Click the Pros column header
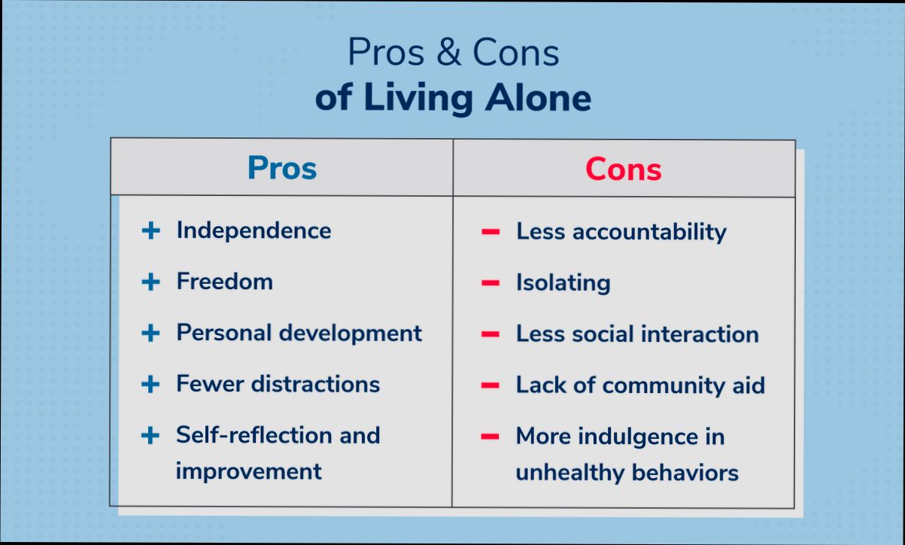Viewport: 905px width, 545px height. click(x=282, y=168)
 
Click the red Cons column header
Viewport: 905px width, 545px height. click(x=623, y=169)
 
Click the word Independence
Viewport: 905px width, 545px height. click(x=254, y=230)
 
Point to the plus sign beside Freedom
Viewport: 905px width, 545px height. click(x=151, y=282)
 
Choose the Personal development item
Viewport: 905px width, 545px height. click(x=299, y=333)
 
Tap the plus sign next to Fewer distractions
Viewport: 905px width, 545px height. click(x=151, y=384)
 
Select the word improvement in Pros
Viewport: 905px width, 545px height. click(x=248, y=471)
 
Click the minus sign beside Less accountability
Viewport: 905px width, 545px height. click(x=490, y=232)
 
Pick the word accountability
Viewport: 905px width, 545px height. click(x=648, y=232)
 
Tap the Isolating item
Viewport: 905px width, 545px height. click(x=563, y=283)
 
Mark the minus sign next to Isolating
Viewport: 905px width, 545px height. click(x=490, y=283)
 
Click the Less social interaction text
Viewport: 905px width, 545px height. click(x=636, y=334)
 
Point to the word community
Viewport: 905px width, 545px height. click(x=665, y=385)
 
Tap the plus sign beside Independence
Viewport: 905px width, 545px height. click(x=151, y=230)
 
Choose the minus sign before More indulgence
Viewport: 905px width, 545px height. click(x=490, y=437)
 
